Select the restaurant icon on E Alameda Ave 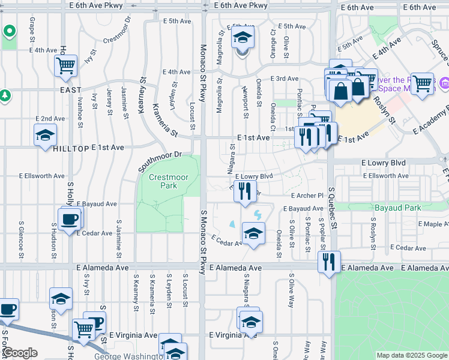pos(328,262)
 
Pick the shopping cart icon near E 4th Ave pos(66,65)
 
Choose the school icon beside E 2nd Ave pos(45,137)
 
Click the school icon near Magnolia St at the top pos(243,38)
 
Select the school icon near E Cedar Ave pos(253,233)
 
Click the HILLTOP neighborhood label pos(71,148)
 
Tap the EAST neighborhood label pos(70,90)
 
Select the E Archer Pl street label pos(307,196)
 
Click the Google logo pos(20,353)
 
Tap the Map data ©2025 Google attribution pos(412,355)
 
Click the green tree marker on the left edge pos(4,95)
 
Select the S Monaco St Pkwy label pos(203,240)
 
